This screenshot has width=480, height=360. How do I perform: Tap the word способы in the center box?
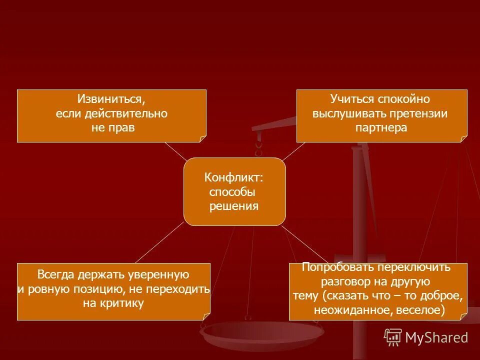pos(232,192)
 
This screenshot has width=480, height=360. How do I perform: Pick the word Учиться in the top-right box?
pos(349,99)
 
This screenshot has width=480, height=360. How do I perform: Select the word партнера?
pos(381,127)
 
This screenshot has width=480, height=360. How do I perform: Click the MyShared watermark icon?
pos(393,337)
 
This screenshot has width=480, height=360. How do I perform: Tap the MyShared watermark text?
pos(436,338)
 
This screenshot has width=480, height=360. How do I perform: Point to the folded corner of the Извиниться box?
pos(202,138)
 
